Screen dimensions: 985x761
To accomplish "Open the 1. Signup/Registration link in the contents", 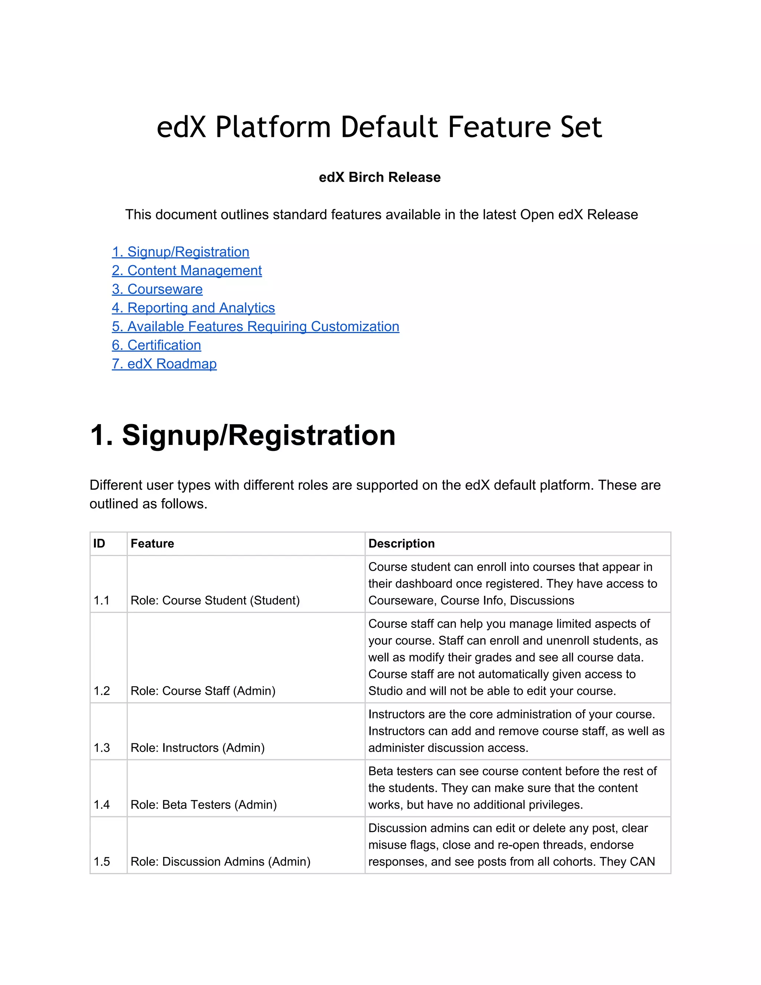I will click(x=180, y=252).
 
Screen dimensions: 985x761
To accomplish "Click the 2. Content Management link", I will click(x=187, y=271).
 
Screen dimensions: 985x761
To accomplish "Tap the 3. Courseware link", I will click(x=157, y=289).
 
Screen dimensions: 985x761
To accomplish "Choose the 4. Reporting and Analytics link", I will click(x=193, y=308).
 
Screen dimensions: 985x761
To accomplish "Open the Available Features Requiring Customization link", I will click(x=255, y=326).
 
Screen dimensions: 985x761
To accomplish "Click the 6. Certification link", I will click(x=156, y=345).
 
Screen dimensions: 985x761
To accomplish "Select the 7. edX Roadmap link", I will click(x=164, y=364).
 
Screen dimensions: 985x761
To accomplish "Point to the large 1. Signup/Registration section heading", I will click(x=243, y=435).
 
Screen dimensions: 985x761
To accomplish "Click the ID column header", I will click(x=99, y=543).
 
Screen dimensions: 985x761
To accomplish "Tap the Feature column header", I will click(x=152, y=543).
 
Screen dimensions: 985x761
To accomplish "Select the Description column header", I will click(x=401, y=543).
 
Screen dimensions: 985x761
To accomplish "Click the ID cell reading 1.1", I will click(x=101, y=600).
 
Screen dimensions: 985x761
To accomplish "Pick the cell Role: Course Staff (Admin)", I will click(x=203, y=691).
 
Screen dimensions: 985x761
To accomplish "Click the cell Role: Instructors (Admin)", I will click(x=197, y=748).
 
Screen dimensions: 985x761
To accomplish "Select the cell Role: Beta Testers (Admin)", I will click(x=203, y=805).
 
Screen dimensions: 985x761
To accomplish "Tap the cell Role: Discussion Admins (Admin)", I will click(x=220, y=862).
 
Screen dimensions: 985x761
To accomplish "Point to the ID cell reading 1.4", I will click(x=101, y=805).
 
